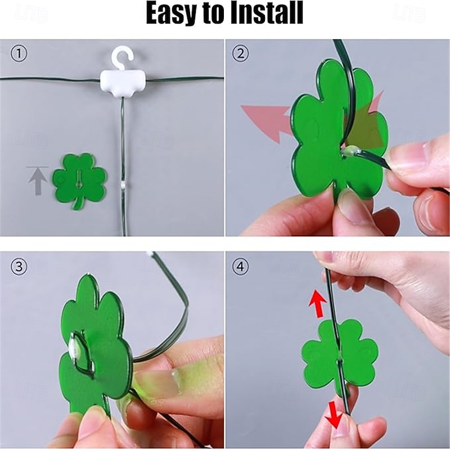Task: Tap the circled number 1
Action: coord(19,53)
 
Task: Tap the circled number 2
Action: coord(241,53)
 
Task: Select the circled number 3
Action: coord(19,267)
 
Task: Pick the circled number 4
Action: coord(241,267)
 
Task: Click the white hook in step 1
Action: coord(123,58)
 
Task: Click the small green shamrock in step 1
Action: coord(79,181)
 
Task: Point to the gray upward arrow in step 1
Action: coord(38,181)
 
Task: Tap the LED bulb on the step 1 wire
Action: coord(123,186)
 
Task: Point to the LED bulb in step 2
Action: coord(350,150)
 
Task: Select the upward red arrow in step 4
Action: coord(318,304)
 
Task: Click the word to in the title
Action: coord(215,14)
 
